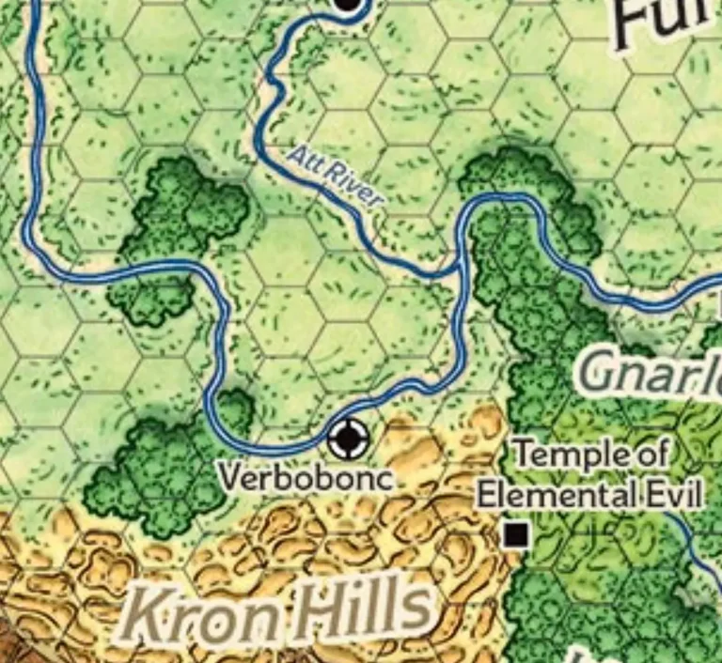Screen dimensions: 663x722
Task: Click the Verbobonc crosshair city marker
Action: (349, 437)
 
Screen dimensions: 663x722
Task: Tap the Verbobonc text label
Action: (306, 477)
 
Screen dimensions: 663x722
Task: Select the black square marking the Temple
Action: (515, 535)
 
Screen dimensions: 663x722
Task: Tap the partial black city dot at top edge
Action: (348, 5)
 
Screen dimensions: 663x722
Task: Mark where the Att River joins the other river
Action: (458, 270)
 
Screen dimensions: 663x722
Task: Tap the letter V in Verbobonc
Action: (228, 477)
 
